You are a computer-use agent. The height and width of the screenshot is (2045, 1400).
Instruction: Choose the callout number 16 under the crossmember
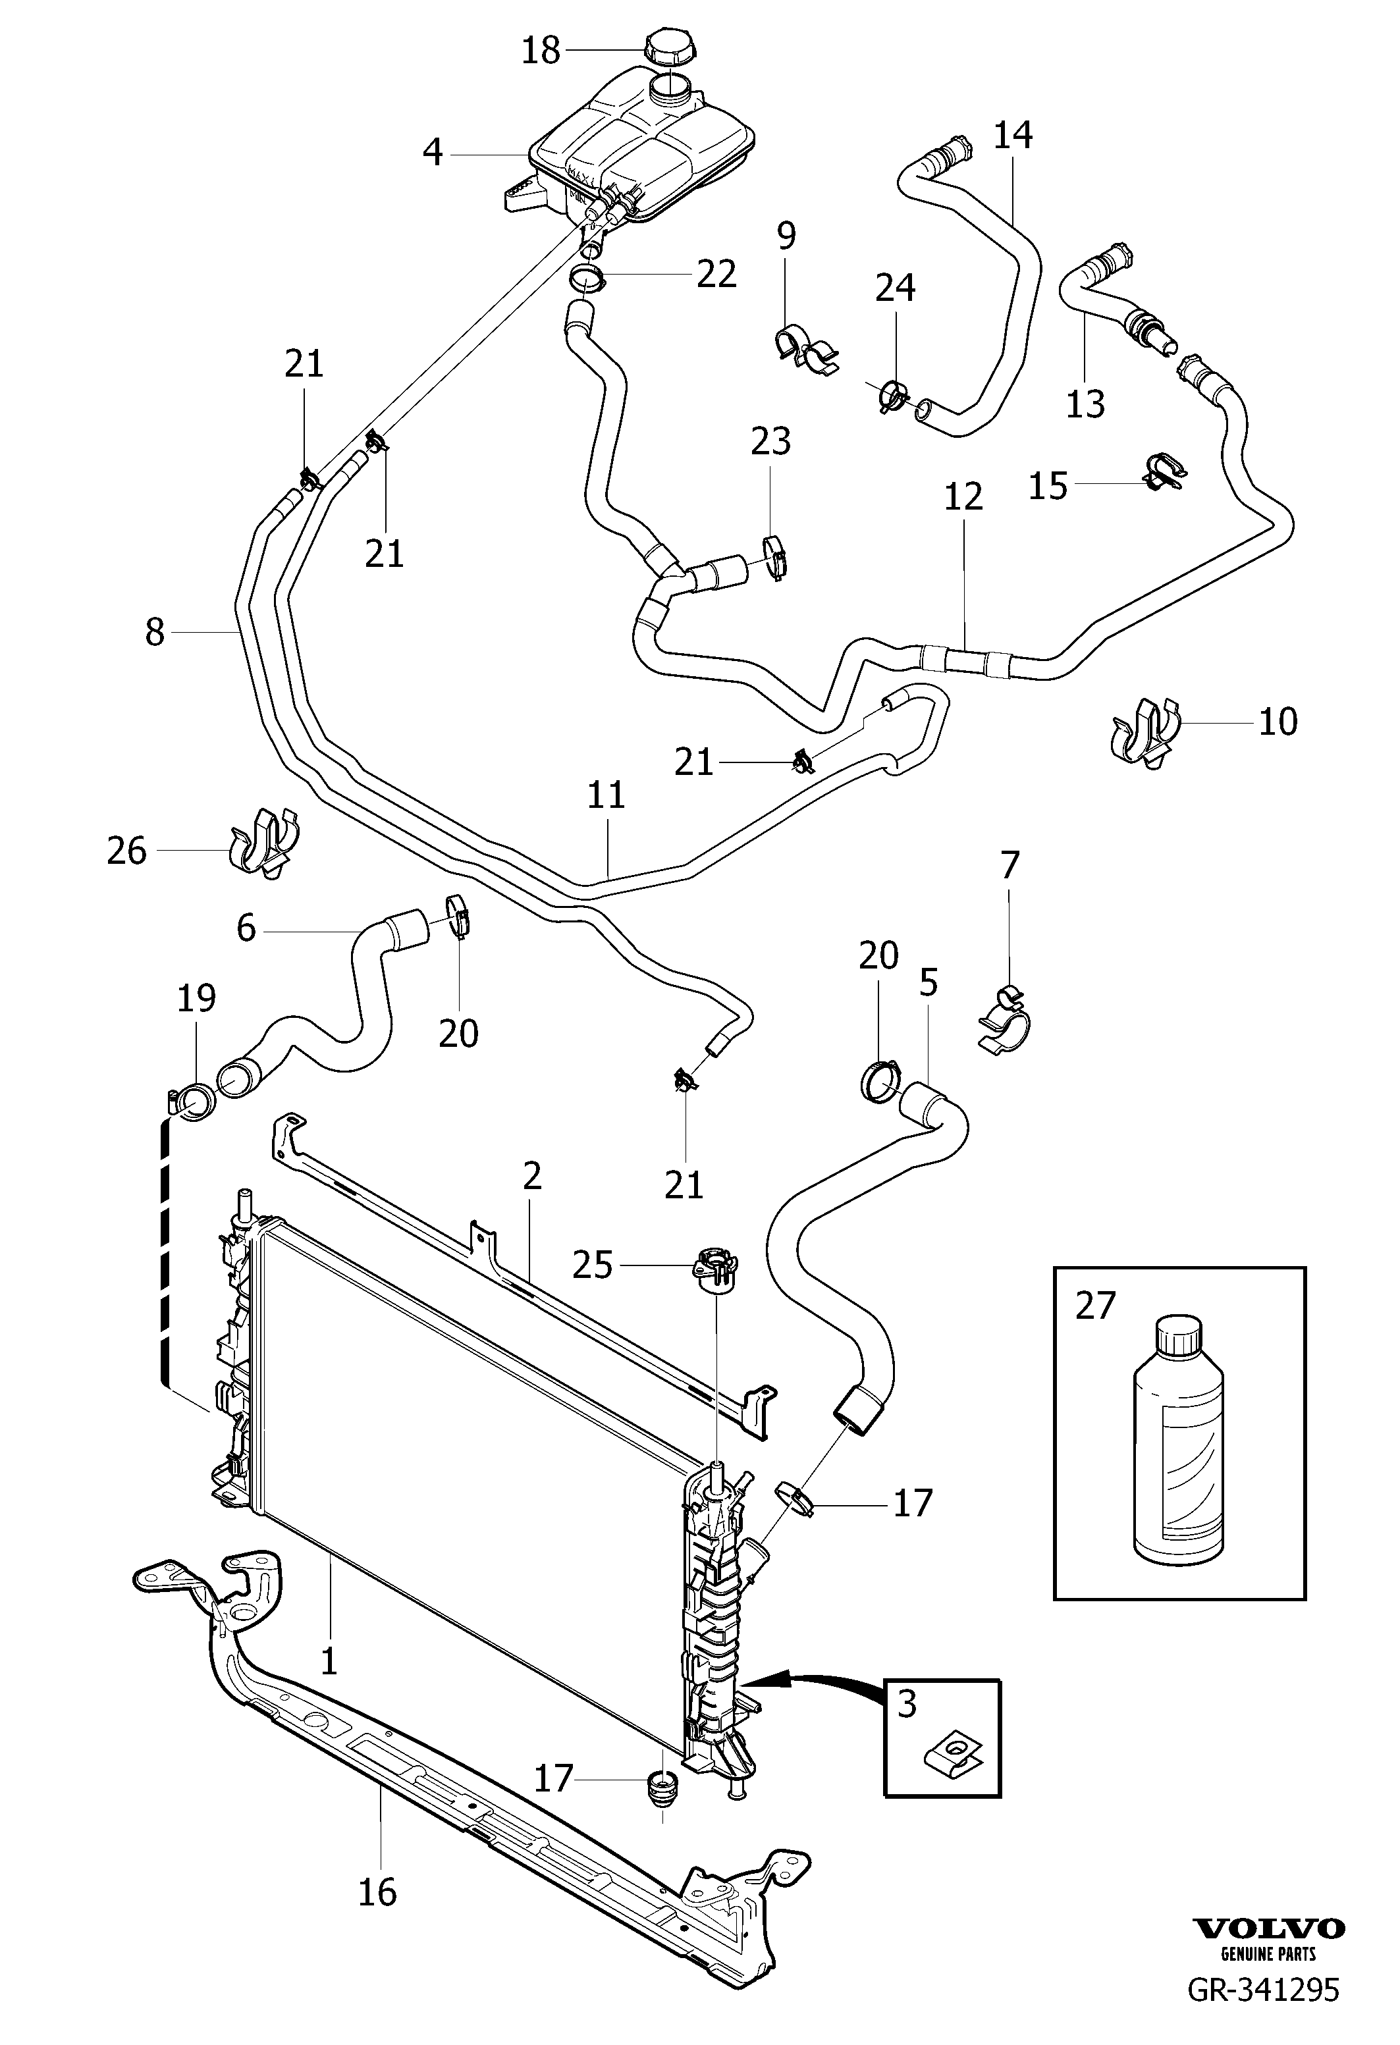[x=377, y=1891]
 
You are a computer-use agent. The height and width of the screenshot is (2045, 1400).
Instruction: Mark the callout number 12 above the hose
[x=963, y=497]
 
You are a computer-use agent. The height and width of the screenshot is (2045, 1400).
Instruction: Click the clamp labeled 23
[x=774, y=556]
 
